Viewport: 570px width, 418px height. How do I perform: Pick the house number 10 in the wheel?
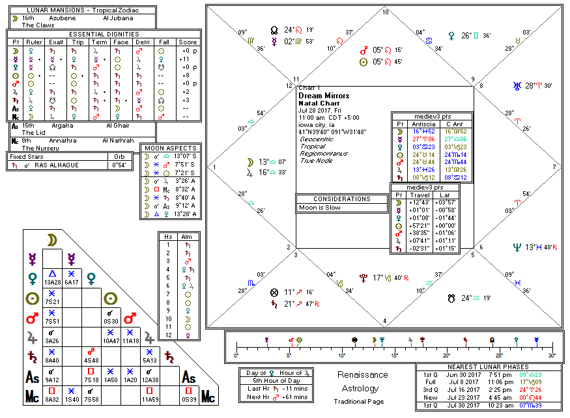tap(385, 12)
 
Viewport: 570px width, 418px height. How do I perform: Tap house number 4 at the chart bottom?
tap(385, 320)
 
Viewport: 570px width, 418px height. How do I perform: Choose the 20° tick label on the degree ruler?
tap(446, 355)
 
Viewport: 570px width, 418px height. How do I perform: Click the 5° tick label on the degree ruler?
tap(289, 355)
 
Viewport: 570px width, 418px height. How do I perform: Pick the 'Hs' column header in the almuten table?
tap(169, 236)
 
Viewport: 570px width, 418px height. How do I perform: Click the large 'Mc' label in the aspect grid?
tap(208, 396)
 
